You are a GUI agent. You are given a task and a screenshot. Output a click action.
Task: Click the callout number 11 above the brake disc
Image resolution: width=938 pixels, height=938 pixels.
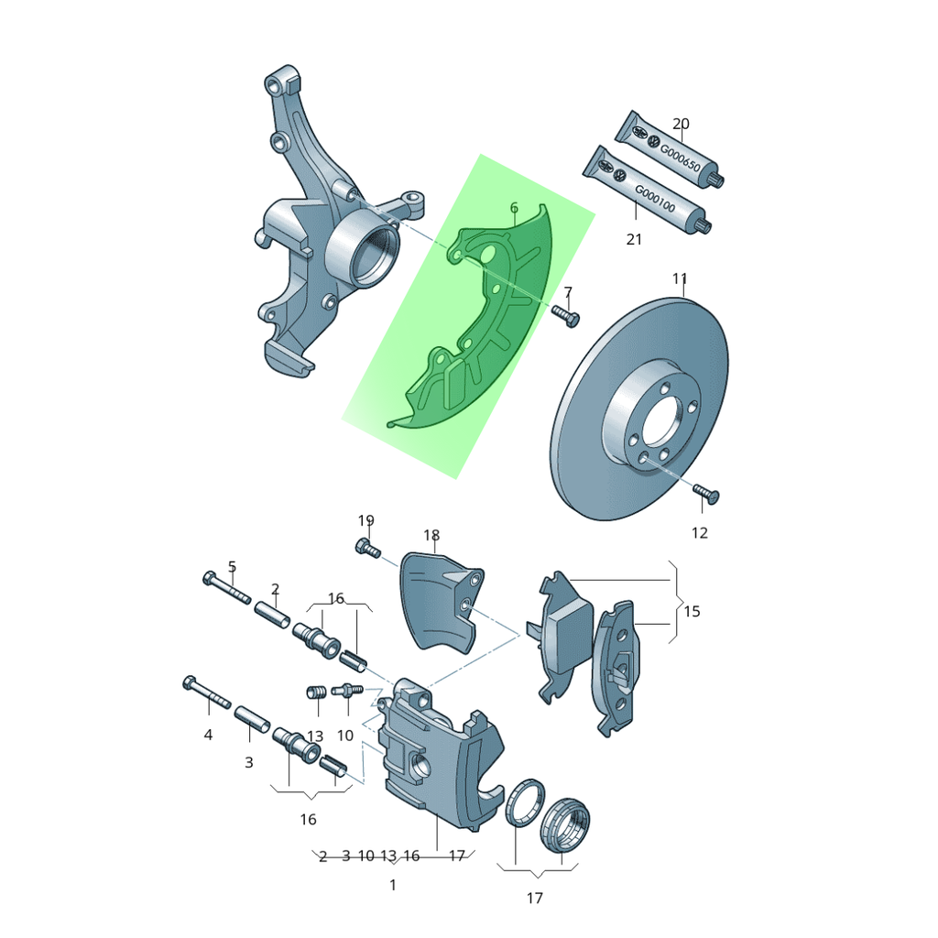[680, 278]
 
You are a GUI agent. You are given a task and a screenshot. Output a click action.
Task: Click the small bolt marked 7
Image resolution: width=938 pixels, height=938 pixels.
[565, 315]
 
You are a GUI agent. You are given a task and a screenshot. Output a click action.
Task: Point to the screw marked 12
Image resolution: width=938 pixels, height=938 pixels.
[706, 494]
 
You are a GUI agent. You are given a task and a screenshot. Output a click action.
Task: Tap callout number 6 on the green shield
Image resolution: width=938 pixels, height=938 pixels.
[514, 208]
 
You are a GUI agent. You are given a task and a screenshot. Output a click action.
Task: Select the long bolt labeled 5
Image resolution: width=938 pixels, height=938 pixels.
[227, 587]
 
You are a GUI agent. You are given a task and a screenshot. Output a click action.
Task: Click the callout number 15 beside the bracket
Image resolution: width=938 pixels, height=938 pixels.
[692, 611]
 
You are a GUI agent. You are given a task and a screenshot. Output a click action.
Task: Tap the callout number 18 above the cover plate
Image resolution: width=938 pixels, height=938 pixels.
[431, 535]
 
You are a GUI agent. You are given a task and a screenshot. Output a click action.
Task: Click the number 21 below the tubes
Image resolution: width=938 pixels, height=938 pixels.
[634, 239]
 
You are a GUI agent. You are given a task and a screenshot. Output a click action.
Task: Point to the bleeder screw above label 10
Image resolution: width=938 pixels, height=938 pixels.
[347, 690]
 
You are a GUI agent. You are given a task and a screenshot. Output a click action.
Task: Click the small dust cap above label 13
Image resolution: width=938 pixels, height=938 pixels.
[315, 693]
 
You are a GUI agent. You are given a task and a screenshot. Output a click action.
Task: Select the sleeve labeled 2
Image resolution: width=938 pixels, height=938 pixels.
[273, 614]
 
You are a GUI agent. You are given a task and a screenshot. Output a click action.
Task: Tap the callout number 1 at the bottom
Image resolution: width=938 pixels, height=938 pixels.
[392, 885]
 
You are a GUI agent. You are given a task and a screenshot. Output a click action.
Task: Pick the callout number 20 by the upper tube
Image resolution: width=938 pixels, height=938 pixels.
[681, 124]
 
